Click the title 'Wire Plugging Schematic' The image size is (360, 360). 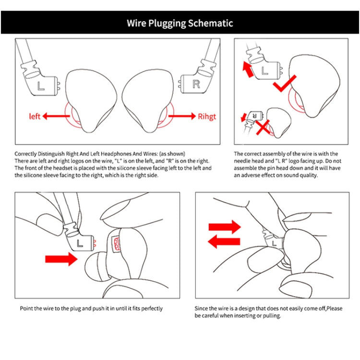(x=180, y=23)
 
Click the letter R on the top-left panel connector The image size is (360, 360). (x=195, y=84)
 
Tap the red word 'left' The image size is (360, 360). (x=35, y=116)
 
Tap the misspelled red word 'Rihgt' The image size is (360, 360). (x=207, y=116)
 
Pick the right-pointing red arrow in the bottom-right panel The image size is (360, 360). (x=225, y=227)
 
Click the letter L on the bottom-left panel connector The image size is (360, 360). (x=80, y=242)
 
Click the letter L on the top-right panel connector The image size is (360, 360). (x=264, y=71)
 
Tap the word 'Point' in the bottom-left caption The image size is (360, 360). (x=27, y=308)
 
